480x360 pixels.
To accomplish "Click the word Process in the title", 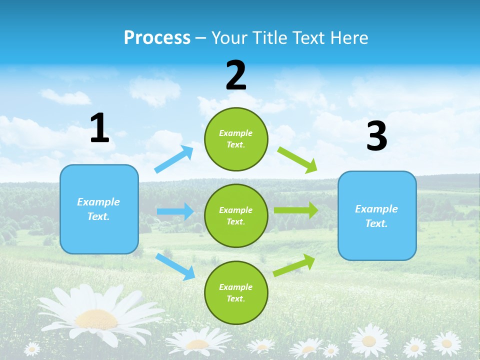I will pyautogui.click(x=157, y=38).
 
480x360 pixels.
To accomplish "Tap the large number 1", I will pyautogui.click(x=99, y=128).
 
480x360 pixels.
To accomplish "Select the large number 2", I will pyautogui.click(x=236, y=75).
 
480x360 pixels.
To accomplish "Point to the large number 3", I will pyautogui.click(x=376, y=136).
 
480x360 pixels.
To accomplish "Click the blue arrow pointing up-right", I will pyautogui.click(x=174, y=159).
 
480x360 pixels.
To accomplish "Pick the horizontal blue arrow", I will pyautogui.click(x=175, y=211).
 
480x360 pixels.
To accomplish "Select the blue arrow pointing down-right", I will pyautogui.click(x=175, y=266).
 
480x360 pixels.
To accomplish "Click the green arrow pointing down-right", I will pyautogui.click(x=297, y=159).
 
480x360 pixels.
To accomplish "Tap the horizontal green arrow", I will pyautogui.click(x=295, y=210).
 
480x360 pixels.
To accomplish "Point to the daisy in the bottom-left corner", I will pyautogui.click(x=32, y=348).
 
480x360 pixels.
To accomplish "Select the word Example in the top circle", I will pyautogui.click(x=235, y=133).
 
